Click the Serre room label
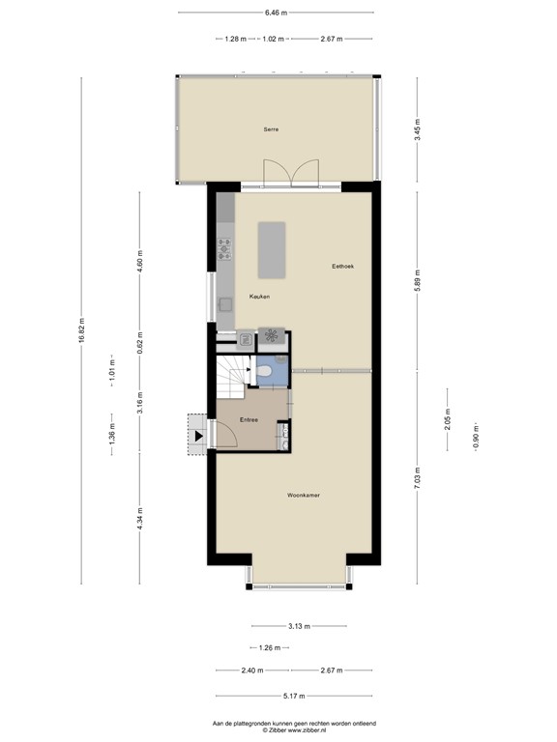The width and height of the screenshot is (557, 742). click(x=272, y=128)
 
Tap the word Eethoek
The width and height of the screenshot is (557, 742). click(x=344, y=267)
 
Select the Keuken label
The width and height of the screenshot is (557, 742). click(x=259, y=296)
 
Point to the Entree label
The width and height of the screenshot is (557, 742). click(x=249, y=419)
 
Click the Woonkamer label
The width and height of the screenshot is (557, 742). click(x=304, y=495)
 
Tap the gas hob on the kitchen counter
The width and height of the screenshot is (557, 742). click(x=224, y=249)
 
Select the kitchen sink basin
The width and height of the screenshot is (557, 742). click(x=225, y=303)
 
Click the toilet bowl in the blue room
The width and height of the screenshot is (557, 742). click(x=265, y=369)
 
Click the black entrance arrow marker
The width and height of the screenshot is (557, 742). click(x=198, y=436)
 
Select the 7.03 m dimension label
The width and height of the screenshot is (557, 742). click(x=418, y=477)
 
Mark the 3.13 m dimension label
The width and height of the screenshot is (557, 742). click(x=299, y=625)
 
